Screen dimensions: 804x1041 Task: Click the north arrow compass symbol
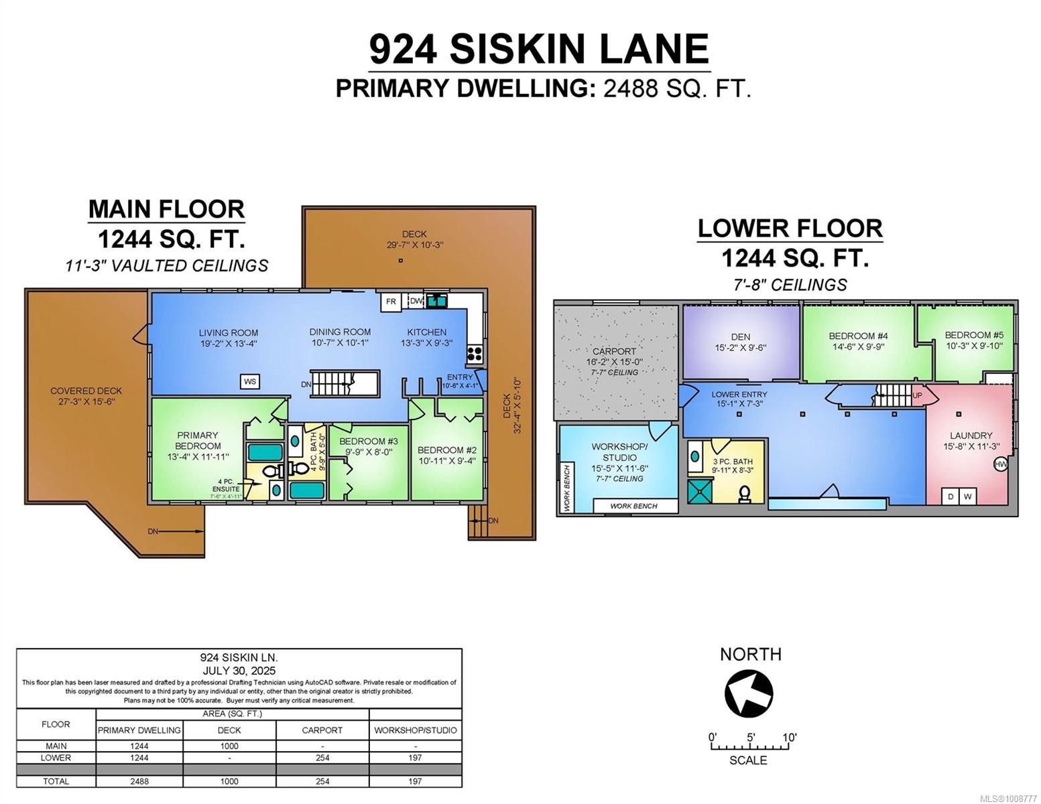[749, 693]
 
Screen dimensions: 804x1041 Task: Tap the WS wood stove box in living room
[250, 381]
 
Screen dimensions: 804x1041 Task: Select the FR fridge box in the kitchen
[391, 302]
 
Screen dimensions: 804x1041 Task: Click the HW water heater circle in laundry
[1000, 464]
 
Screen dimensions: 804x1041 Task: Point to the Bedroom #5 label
[974, 335]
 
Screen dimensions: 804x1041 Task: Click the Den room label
[741, 337]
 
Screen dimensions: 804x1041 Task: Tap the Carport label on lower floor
[614, 351]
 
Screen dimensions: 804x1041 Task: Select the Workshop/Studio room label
[619, 452]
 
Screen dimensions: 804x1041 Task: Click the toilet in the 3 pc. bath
[744, 494]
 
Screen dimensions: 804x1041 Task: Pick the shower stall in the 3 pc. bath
[700, 490]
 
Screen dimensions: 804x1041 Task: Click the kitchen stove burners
[475, 353]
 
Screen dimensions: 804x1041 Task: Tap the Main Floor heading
[166, 209]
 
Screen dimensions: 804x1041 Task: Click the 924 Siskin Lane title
[539, 49]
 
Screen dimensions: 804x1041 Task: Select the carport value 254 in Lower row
[322, 758]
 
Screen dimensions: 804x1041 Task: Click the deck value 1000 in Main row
[229, 746]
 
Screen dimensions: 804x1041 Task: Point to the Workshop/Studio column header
[415, 730]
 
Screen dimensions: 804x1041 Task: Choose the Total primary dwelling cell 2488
[139, 781]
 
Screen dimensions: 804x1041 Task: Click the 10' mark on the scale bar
[788, 738]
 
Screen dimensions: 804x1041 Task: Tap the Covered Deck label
[86, 391]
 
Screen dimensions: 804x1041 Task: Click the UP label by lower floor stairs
[917, 395]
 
